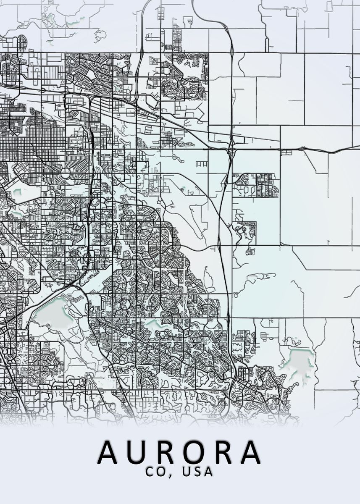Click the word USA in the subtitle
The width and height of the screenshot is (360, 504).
coord(198,472)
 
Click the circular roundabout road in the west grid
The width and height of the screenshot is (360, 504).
coord(66,173)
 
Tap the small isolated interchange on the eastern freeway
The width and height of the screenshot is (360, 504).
coord(302,148)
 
